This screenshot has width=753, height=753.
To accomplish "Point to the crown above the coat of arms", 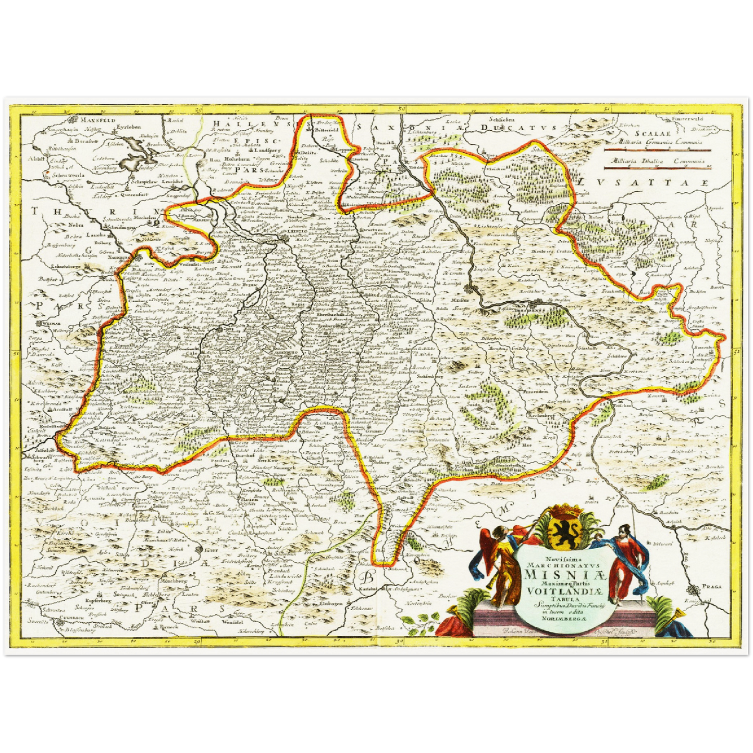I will click(560, 508).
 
